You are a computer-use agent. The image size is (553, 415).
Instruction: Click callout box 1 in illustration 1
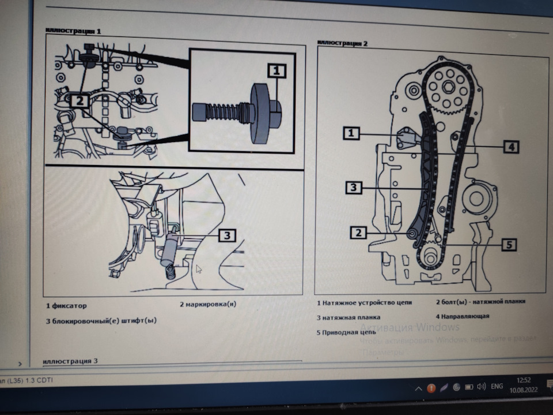pyautogui.click(x=276, y=71)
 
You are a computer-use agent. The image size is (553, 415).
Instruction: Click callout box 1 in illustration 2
pyautogui.click(x=351, y=134)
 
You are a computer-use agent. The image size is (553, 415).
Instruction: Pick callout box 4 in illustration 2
pyautogui.click(x=510, y=147)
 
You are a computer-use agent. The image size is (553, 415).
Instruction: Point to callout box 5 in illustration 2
pyautogui.click(x=507, y=245)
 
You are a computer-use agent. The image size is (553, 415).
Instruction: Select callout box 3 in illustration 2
pyautogui.click(x=354, y=187)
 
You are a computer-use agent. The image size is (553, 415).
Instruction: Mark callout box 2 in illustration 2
pyautogui.click(x=358, y=233)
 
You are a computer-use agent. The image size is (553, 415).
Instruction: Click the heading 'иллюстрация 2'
pyautogui.click(x=343, y=43)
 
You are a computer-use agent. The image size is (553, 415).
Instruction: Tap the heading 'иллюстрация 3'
pyautogui.click(x=70, y=361)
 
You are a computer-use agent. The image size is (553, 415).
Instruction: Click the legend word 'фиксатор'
pyautogui.click(x=69, y=305)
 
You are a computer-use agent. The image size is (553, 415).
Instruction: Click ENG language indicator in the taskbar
pyautogui.click(x=497, y=387)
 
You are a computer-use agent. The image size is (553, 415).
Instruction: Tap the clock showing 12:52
pyautogui.click(x=524, y=380)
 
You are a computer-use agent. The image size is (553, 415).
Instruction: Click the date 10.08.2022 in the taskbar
pyautogui.click(x=524, y=391)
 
